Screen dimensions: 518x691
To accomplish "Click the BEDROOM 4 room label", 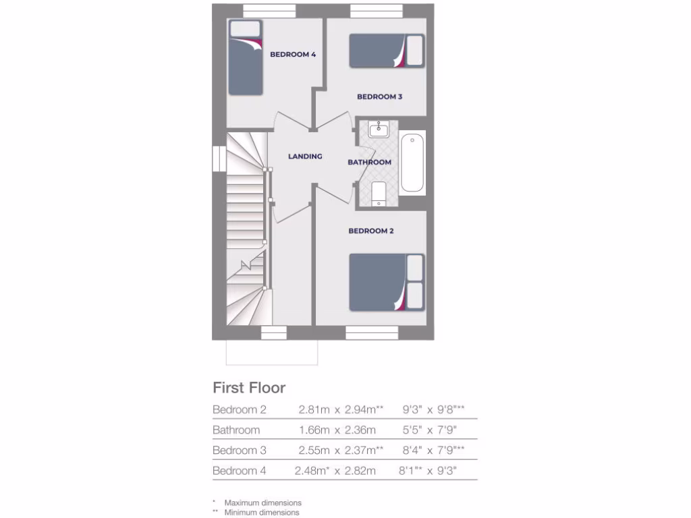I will (293, 55).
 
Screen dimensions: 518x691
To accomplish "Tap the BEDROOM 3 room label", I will (379, 97).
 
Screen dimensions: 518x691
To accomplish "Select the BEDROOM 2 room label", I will (370, 231).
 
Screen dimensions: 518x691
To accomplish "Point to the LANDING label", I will (305, 156).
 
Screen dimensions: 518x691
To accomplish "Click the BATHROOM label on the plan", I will (369, 163).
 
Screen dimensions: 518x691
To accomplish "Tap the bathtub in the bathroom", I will (412, 163).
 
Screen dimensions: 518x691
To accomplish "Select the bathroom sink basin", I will (379, 129).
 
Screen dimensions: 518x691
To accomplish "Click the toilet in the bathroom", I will (379, 192).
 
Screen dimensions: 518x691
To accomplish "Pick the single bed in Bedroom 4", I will (246, 58).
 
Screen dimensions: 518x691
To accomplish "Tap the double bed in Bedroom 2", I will (386, 282).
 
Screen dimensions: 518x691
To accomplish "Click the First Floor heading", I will (249, 388).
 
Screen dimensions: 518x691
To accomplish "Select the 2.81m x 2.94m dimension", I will (340, 409).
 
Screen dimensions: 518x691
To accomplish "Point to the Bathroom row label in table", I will (236, 430).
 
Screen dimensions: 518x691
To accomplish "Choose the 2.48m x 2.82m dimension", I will (335, 471).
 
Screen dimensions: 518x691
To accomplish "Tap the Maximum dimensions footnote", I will (262, 502).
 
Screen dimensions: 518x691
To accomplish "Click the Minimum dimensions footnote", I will (262, 513).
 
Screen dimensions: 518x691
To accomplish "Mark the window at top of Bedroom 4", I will (269, 10).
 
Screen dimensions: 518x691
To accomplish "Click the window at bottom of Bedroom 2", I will (372, 332).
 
